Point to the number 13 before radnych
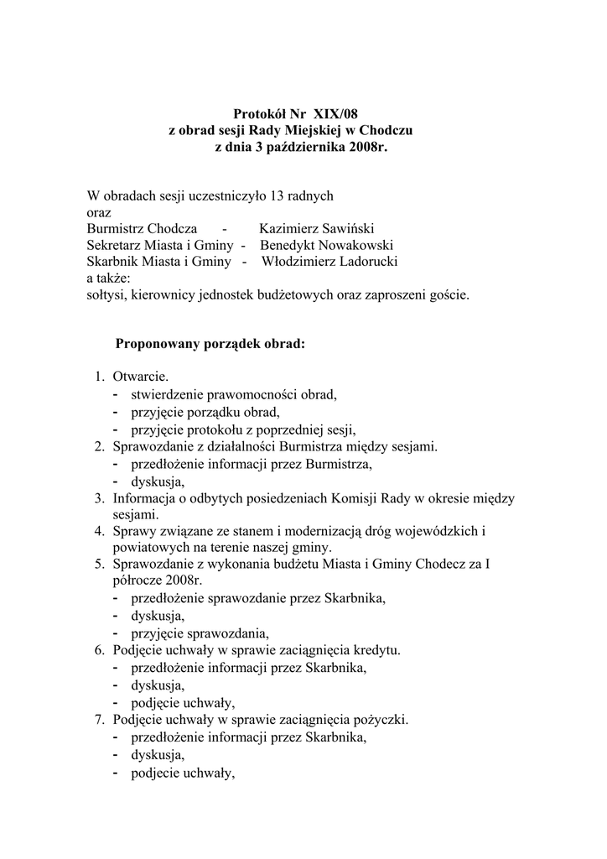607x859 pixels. [x=271, y=195]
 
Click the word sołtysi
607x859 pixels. [x=107, y=294]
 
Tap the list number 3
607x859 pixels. [x=98, y=498]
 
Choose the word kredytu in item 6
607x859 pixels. [x=378, y=650]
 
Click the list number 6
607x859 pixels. [x=98, y=650]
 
